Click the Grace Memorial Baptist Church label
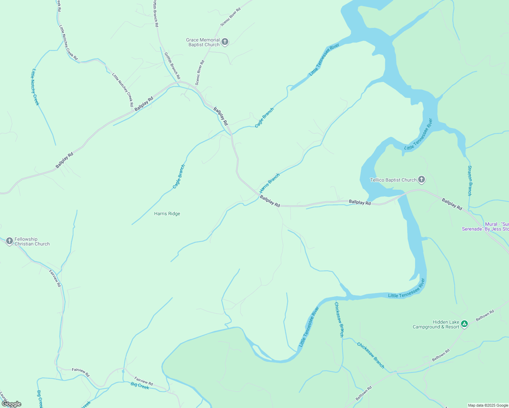[203, 42]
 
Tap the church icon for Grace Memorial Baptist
[225, 42]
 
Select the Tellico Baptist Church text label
[393, 180]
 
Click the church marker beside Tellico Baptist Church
[422, 180]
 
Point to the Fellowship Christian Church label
[32, 241]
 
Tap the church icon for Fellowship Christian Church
[9, 241]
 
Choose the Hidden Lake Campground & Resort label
[436, 325]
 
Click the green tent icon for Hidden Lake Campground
[465, 324]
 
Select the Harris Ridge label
[167, 214]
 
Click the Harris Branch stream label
[269, 183]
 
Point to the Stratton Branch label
[470, 181]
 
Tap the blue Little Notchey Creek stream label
[35, 87]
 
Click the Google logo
[12, 404]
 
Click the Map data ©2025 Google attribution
[488, 405]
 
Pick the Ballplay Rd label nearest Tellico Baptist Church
[360, 203]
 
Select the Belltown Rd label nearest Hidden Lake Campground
[485, 316]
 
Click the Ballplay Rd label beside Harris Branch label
[270, 201]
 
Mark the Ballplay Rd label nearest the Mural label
[452, 204]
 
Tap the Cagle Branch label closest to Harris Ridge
[179, 176]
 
